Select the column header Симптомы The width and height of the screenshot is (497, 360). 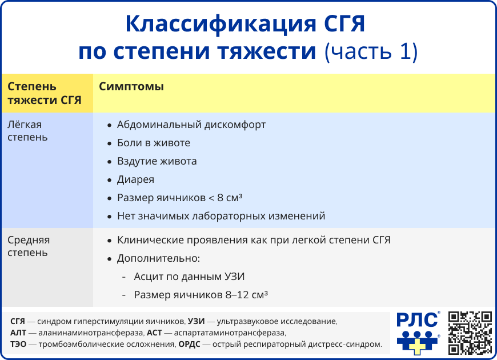click(x=131, y=87)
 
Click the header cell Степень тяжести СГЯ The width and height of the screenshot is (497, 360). click(x=44, y=94)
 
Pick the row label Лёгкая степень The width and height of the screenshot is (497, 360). click(x=27, y=131)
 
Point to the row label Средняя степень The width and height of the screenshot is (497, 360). click(x=29, y=246)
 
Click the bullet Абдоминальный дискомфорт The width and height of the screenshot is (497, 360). click(x=191, y=125)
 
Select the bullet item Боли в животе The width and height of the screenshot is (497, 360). click(x=153, y=143)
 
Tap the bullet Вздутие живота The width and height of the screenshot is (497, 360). click(x=157, y=161)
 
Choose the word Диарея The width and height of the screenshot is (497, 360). click(x=135, y=179)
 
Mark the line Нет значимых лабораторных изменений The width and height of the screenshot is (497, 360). click(x=221, y=216)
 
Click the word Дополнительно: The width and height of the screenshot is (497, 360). click(x=158, y=258)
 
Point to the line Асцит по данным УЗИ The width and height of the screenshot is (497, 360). click(x=189, y=277)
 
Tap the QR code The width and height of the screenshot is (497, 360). click(x=470, y=332)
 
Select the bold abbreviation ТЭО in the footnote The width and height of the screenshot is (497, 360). click(x=18, y=344)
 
